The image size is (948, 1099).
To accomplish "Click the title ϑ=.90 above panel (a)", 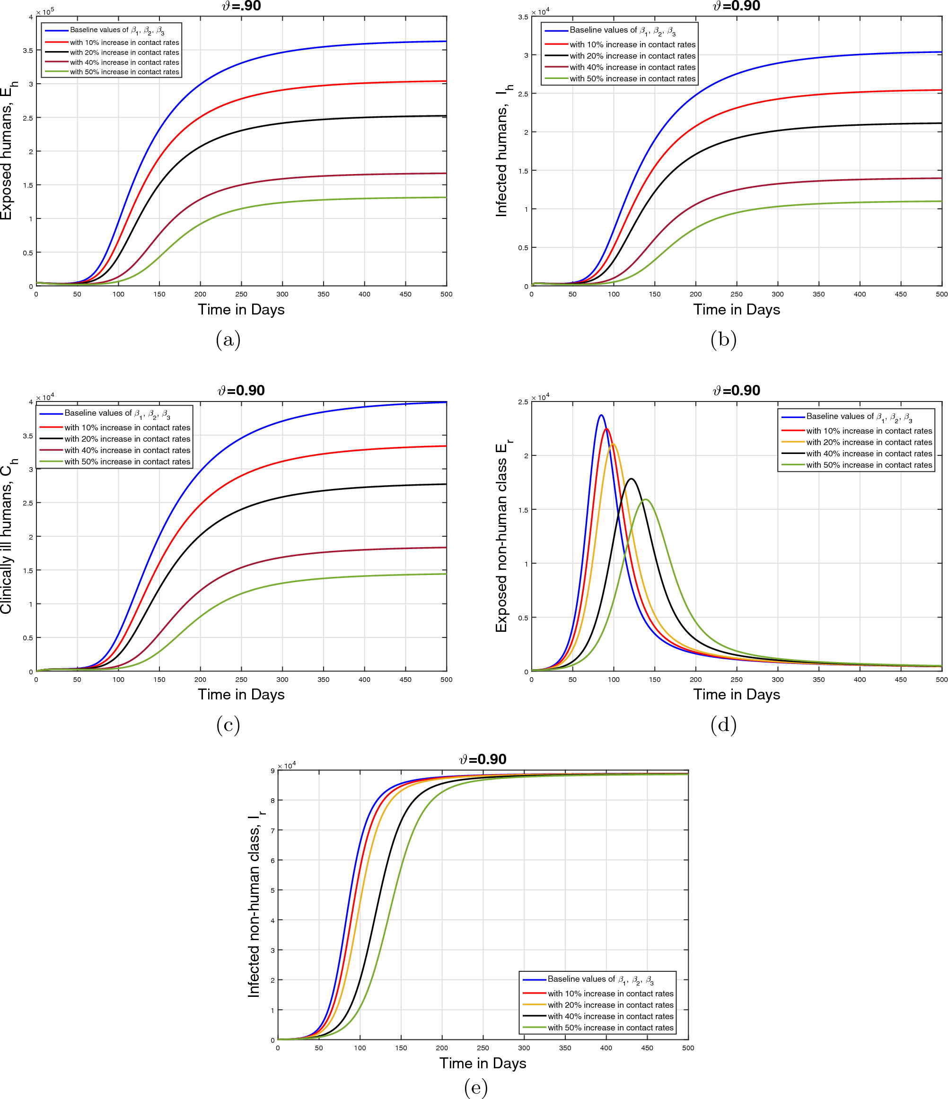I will [241, 6].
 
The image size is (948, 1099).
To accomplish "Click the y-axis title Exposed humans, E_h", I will [8, 151].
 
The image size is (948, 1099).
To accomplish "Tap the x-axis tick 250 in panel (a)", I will [241, 294].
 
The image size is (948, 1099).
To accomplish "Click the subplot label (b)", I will [724, 340].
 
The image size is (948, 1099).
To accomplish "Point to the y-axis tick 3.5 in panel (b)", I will [523, 17].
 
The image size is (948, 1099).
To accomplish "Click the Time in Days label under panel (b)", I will [737, 310].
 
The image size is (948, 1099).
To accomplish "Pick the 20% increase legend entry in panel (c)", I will [127, 439].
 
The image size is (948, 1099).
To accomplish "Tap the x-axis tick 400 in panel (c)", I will [364, 680].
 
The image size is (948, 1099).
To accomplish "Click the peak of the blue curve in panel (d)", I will [601, 415].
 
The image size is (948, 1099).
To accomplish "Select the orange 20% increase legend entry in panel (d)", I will [869, 442].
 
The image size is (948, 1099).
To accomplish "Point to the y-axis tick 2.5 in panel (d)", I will [523, 402].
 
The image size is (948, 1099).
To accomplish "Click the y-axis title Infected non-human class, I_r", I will [255, 905].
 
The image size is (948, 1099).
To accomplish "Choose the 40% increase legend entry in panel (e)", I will [610, 1016].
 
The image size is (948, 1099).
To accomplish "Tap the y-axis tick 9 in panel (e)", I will [272, 771].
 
